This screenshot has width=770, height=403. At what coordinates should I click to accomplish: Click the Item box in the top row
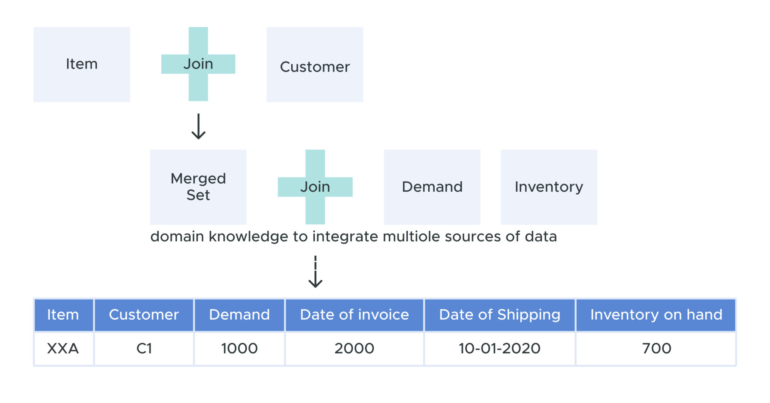(82, 64)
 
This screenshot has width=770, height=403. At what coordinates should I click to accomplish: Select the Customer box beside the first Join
(315, 65)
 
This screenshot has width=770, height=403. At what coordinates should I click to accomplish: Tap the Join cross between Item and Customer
(198, 64)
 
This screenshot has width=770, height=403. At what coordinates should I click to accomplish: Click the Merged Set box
(198, 187)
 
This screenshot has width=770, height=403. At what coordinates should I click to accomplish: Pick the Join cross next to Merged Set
(315, 187)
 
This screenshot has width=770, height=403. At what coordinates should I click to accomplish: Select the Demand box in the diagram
(432, 187)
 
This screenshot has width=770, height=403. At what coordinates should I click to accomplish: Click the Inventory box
(549, 187)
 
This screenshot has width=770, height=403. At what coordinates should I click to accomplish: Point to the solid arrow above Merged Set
(198, 127)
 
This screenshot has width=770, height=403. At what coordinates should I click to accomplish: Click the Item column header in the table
(63, 315)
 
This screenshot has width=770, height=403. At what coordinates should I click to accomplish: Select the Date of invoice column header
(354, 315)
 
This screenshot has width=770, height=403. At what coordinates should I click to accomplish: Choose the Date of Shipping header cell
(499, 315)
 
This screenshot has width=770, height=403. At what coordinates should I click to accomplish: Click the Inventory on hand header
(656, 315)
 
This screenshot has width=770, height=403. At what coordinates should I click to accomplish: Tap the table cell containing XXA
(63, 348)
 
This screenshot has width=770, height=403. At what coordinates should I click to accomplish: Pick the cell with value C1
(144, 348)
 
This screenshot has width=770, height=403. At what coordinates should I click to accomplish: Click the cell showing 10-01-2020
(499, 348)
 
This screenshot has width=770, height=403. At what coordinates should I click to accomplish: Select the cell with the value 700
(656, 348)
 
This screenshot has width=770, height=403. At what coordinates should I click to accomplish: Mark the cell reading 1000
(239, 348)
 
